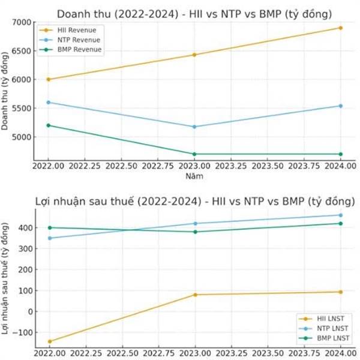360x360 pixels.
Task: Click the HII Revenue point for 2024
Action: point(341,28)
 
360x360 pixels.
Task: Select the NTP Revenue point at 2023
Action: point(194,127)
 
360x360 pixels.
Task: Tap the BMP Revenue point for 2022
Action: point(49,125)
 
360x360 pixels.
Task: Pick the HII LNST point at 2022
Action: point(49,341)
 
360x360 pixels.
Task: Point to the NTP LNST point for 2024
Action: point(341,215)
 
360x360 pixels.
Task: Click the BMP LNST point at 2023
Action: point(194,232)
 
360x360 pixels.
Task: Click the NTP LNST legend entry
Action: point(332,329)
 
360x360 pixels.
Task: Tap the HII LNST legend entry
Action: point(331,319)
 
